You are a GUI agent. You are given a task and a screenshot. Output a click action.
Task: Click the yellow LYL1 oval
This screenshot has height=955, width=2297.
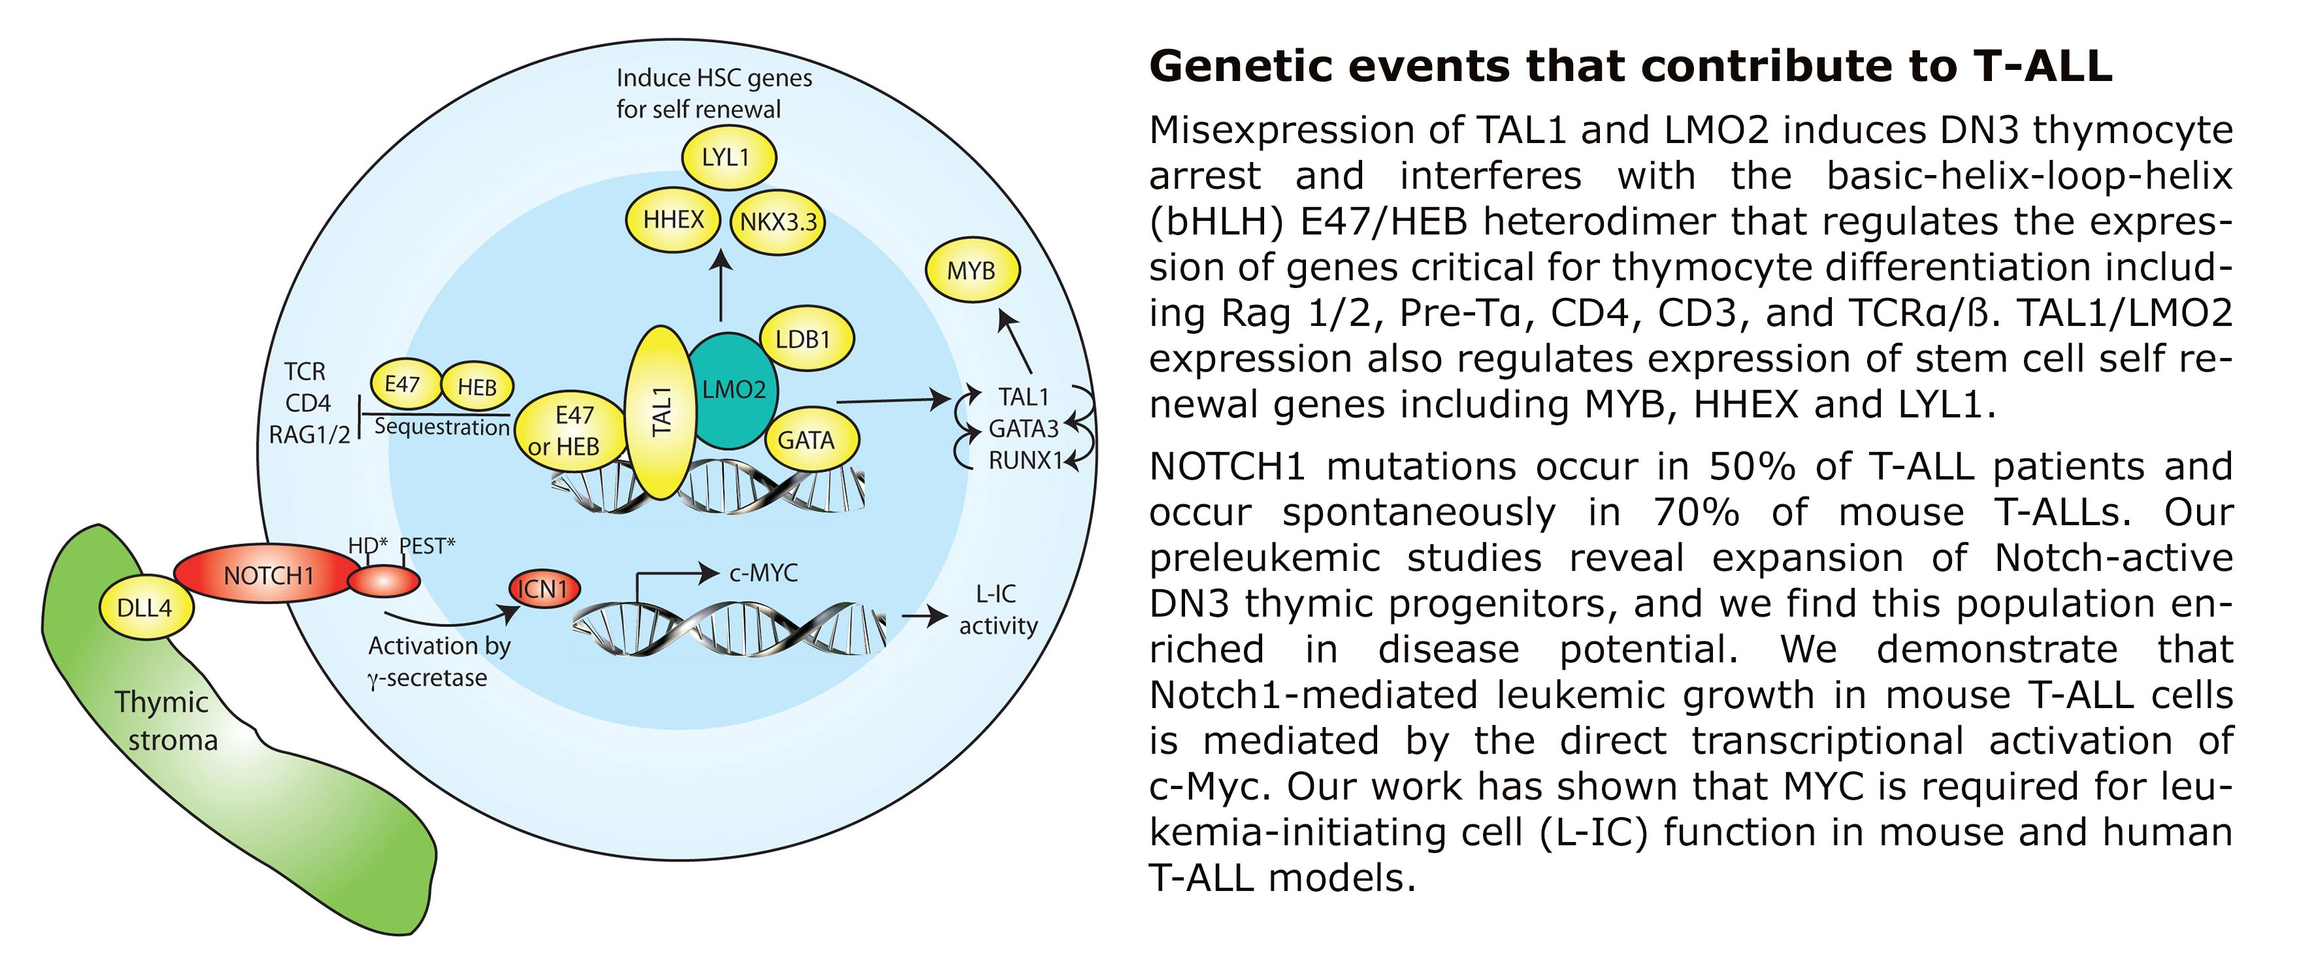click(x=728, y=158)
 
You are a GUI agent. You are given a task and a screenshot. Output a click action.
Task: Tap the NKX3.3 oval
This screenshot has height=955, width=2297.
click(x=777, y=222)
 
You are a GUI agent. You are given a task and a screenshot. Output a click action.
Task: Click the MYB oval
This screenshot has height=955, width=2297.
click(x=971, y=270)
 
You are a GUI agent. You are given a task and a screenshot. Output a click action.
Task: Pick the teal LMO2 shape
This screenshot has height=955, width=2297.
click(x=733, y=390)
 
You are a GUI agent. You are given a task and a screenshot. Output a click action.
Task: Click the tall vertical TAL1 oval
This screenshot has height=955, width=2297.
click(x=660, y=412)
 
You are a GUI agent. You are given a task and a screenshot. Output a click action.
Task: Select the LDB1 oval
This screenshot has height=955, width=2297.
click(x=806, y=339)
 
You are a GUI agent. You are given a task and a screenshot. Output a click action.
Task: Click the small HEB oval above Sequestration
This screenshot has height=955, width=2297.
click(x=477, y=387)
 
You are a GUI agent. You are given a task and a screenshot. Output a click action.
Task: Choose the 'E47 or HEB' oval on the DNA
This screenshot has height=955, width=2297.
click(x=567, y=430)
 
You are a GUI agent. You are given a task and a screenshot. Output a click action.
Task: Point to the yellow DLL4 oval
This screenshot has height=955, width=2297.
click(x=144, y=608)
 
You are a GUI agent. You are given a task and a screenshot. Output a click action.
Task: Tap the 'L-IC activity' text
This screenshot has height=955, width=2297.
click(x=998, y=610)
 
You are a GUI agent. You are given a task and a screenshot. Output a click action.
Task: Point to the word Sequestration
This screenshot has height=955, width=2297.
click(x=442, y=427)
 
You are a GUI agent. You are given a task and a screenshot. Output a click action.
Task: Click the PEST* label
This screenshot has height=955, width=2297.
click(x=427, y=545)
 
